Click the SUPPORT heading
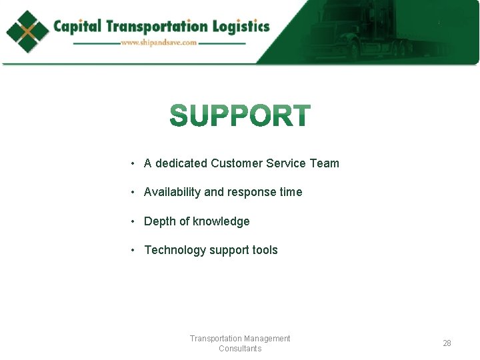[240, 116]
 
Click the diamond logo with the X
[27, 31]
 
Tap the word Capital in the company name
[77, 27]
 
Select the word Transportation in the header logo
[157, 27]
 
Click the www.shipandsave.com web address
[159, 43]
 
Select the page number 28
[447, 343]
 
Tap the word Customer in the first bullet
[236, 163]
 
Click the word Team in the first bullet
[325, 163]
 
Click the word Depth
[160, 221]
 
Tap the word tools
[265, 250]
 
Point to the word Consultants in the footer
[240, 349]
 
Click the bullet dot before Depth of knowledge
[134, 221]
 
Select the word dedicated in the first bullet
[181, 163]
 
